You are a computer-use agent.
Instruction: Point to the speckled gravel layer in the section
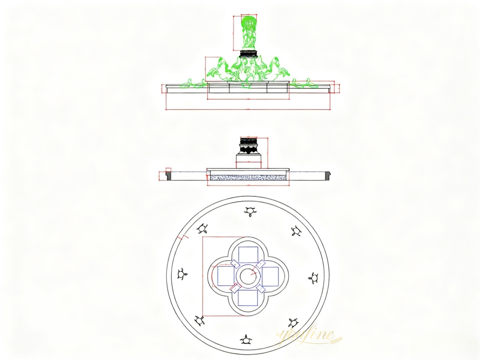[248, 177]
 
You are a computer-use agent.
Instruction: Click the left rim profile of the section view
[168, 174]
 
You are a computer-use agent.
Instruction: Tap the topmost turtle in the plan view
[250, 211]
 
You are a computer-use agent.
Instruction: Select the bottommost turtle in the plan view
[248, 340]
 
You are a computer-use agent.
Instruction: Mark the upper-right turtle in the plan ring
[296, 231]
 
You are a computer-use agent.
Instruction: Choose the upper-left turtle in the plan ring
[204, 229]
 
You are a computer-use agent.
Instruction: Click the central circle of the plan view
[248, 276]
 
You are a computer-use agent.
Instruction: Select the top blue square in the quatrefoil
[248, 254]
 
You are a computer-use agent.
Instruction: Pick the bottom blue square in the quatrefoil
[248, 299]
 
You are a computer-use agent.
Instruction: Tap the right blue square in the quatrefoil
[270, 276]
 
